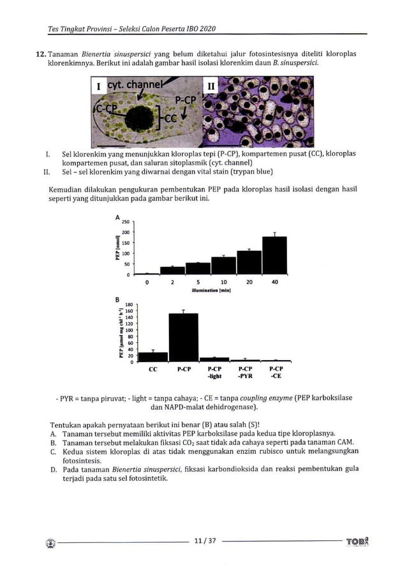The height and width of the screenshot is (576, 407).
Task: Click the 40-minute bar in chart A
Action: tap(274, 255)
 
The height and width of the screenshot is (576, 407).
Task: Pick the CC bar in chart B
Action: tap(153, 357)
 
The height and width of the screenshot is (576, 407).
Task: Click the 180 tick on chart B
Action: tap(129, 304)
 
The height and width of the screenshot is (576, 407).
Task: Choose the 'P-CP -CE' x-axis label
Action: tap(276, 373)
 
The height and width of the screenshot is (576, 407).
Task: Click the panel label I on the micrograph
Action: tap(99, 86)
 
